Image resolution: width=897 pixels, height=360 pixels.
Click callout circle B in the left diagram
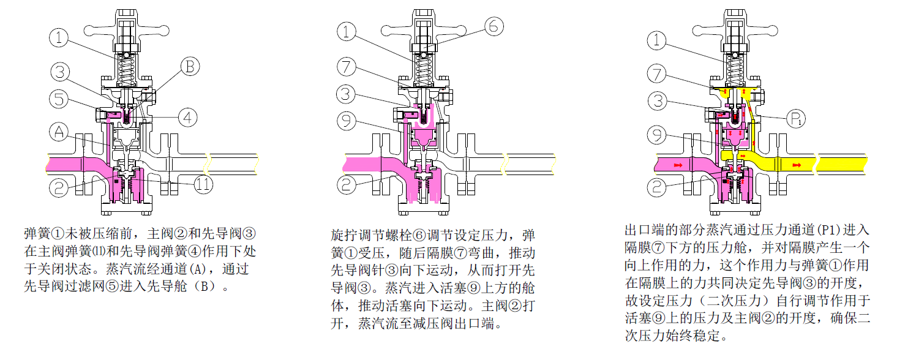point(190,66)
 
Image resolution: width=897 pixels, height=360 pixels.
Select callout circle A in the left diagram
point(60,130)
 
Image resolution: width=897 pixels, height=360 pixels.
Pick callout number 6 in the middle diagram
point(495,26)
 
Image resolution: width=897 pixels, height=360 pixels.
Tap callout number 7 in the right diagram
point(657,75)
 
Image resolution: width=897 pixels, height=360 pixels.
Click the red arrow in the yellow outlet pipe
point(796,165)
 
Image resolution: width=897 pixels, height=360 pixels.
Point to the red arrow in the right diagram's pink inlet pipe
point(678,165)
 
